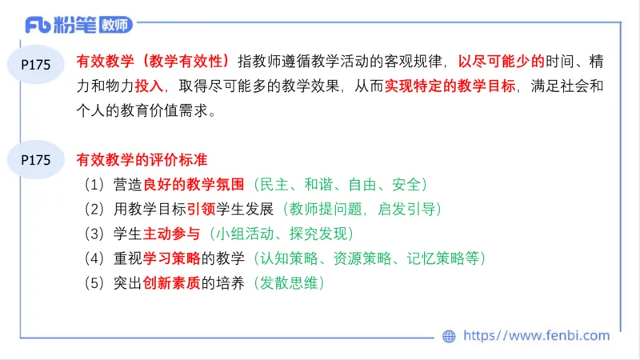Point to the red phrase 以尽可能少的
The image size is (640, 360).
[501, 61]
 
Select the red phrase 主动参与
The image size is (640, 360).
[170, 234]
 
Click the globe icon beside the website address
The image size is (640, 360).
[450, 337]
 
